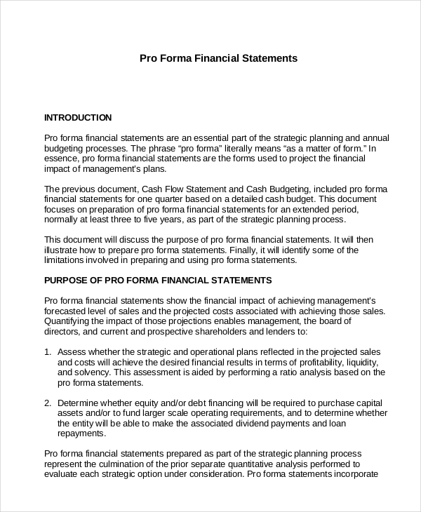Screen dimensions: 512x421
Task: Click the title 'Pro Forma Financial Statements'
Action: click(x=219, y=58)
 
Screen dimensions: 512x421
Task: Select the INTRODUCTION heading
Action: click(x=78, y=117)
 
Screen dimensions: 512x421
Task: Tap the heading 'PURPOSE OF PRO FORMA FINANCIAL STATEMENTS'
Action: click(x=158, y=280)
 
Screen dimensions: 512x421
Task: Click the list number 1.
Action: click(x=48, y=351)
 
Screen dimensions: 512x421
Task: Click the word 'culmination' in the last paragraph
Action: click(x=117, y=464)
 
